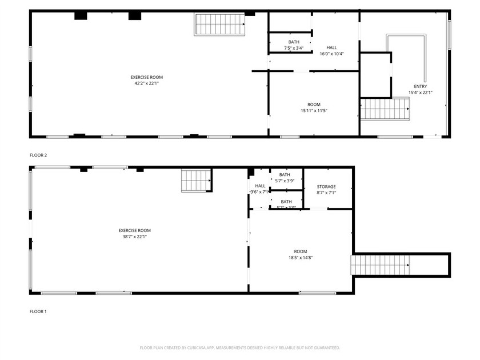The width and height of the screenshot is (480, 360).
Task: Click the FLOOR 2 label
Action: (38, 155)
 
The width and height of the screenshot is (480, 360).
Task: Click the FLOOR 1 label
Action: (38, 311)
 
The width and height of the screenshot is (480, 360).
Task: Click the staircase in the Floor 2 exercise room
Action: (219, 25)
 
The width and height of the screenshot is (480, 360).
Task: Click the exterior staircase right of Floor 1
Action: (380, 265)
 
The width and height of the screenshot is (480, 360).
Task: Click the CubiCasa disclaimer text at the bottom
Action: (240, 347)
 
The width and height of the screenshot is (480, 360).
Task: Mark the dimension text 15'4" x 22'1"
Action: (420, 93)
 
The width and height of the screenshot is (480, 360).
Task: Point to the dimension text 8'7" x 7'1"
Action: (326, 193)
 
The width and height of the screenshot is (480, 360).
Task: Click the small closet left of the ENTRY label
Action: (375, 74)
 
